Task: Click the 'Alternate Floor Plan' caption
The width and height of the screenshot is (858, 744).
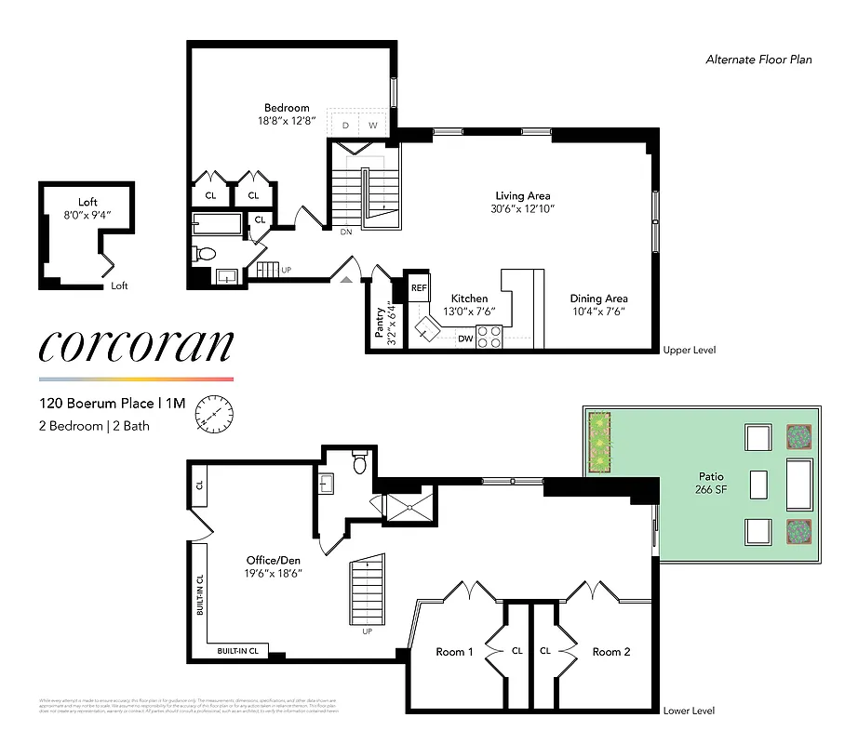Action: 757,60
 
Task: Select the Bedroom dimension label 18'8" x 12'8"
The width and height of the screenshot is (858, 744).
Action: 287,121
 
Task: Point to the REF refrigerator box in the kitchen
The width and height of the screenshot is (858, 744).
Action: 419,288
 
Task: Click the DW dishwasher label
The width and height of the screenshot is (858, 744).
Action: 463,339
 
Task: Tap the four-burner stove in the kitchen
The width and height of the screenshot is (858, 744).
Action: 489,337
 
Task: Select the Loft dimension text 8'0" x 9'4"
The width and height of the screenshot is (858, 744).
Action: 87,215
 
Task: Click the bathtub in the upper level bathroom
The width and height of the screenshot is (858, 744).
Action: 218,223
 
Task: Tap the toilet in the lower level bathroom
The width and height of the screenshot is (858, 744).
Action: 360,462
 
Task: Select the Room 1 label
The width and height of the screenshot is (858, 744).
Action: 454,652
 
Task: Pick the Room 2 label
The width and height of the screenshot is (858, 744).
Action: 611,652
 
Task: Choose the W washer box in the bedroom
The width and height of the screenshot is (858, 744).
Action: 372,125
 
